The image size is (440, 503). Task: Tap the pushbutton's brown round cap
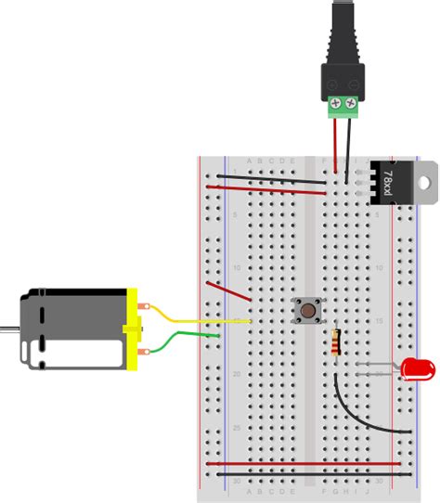(x=304, y=312)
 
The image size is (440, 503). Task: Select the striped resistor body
(x=335, y=343)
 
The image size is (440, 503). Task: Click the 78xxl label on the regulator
(x=388, y=180)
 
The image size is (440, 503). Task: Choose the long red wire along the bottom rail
(x=306, y=462)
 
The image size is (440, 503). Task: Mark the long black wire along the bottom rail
(x=306, y=474)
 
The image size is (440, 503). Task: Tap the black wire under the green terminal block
(x=350, y=148)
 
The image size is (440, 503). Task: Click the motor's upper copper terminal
(x=144, y=305)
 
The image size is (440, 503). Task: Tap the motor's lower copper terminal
(x=144, y=352)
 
